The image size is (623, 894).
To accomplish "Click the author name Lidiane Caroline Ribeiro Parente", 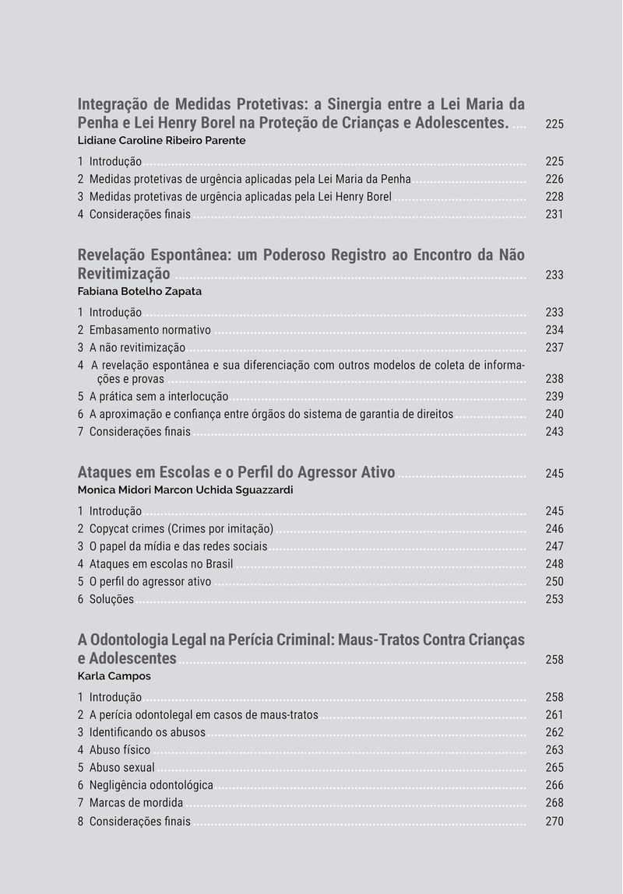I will click(161, 141).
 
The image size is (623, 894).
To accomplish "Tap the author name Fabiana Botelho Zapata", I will click(140, 292).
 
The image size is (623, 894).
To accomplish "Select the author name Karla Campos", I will click(114, 676).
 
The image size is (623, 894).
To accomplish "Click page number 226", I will click(554, 179).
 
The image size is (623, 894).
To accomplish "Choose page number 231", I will click(554, 214).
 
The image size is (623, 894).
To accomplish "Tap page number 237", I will click(554, 348).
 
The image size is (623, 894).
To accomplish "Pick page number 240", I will click(554, 414).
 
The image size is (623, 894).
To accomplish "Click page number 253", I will click(554, 599).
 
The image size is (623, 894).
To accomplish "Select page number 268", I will click(554, 803).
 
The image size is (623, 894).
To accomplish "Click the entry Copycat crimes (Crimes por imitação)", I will click(181, 529).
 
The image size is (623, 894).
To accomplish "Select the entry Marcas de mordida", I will click(136, 803).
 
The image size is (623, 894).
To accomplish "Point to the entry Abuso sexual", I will click(121, 768).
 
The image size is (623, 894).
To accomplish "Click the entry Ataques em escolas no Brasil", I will click(161, 564).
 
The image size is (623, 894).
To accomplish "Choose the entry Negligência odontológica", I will click(151, 786).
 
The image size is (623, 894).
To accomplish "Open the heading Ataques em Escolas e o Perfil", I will click(236, 472).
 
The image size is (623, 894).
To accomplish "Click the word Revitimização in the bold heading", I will click(124, 273).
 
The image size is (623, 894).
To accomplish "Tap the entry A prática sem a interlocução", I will click(159, 397).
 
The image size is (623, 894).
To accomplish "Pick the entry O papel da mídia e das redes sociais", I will click(178, 546).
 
